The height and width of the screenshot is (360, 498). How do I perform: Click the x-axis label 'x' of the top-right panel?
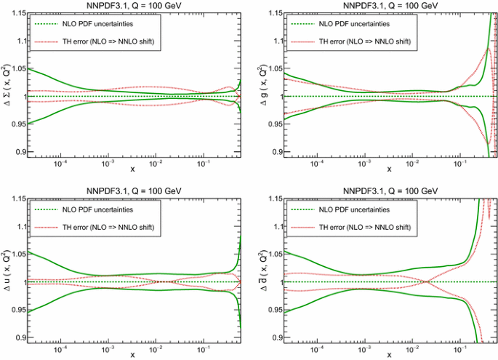click(x=388, y=171)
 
